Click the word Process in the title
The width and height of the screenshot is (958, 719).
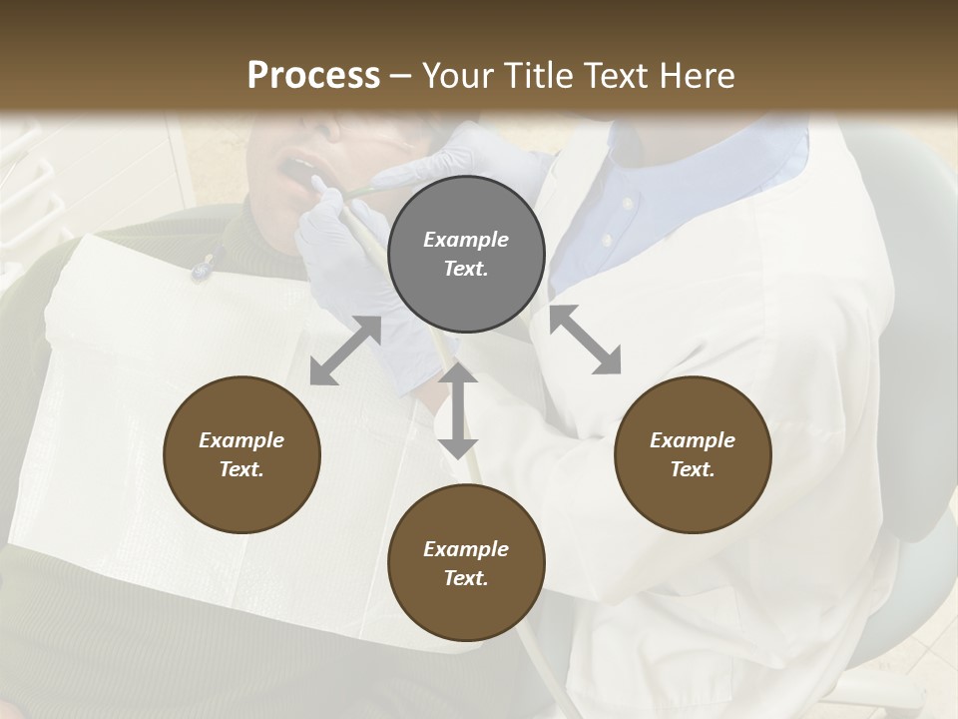coord(313,76)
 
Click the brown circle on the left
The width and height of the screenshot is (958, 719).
coord(241,454)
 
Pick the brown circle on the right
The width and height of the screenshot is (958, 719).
coord(692,454)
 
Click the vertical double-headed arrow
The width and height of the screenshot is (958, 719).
coord(458,410)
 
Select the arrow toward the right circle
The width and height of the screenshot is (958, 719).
coord(585,341)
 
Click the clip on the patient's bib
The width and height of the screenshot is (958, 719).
coord(203,268)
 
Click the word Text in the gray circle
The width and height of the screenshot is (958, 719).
coord(465,269)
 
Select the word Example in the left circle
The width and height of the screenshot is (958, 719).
coord(241,440)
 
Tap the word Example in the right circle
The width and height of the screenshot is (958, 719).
coord(692,440)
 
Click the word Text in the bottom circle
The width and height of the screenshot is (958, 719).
coord(465,578)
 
